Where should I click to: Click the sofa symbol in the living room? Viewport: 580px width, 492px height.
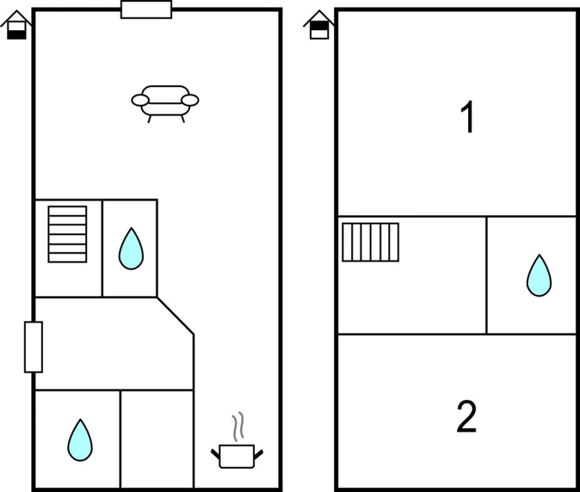(165, 104)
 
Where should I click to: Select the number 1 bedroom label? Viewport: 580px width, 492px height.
(468, 117)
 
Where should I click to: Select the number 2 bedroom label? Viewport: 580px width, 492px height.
(467, 416)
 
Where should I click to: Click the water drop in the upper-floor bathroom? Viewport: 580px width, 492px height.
(539, 276)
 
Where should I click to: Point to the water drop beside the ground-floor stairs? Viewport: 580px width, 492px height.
(131, 249)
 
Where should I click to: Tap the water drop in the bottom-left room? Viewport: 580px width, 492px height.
(80, 441)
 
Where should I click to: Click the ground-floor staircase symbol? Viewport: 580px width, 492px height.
(67, 234)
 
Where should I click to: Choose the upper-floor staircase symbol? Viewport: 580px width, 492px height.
(370, 242)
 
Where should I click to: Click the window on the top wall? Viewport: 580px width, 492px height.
(146, 10)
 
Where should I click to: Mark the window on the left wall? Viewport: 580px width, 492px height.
(34, 347)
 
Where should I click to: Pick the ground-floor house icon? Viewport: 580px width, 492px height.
(16, 25)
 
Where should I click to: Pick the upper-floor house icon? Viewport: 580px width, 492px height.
(319, 25)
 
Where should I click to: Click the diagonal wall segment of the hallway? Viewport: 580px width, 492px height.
(175, 316)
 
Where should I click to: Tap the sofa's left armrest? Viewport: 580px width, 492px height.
(140, 100)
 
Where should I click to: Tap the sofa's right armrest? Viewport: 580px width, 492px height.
(190, 100)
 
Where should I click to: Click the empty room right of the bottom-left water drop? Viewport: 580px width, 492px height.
(157, 439)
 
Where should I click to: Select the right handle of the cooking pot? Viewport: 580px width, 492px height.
(259, 455)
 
